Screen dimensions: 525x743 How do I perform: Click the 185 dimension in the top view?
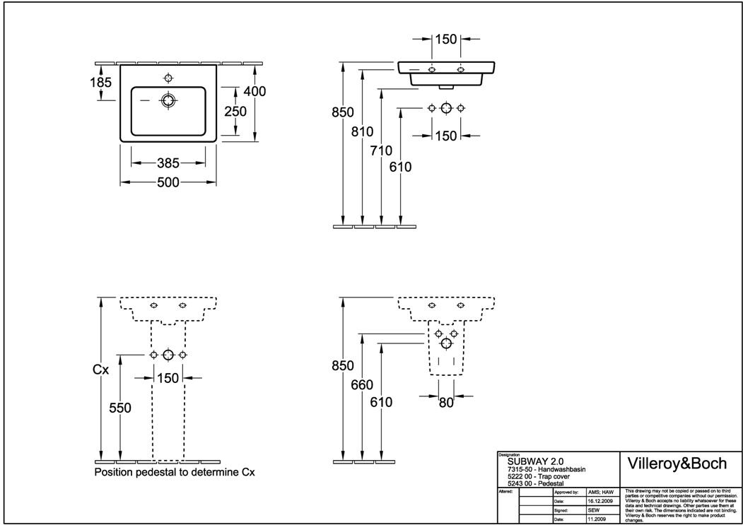pos(100,83)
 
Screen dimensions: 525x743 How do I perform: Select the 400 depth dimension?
pos(255,92)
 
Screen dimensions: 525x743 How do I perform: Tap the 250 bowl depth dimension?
pos(235,111)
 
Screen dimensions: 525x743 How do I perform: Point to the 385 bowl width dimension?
pos(168,163)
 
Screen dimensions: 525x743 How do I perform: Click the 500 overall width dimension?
pos(168,182)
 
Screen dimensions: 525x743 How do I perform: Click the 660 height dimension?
pos(362,385)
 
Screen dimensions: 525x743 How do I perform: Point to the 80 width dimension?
pos(445,403)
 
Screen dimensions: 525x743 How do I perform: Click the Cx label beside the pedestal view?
pos(101,369)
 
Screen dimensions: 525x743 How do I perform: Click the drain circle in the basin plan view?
pos(168,100)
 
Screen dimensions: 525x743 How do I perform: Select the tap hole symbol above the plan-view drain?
pos(168,77)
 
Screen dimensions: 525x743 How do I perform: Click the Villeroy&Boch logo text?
pos(677,464)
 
